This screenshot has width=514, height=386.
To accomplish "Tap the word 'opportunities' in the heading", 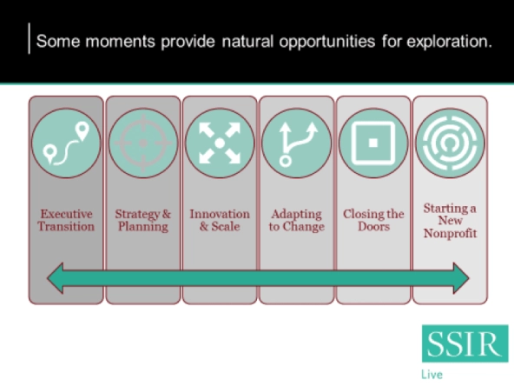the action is coord(327,42).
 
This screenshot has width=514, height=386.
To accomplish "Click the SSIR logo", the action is coord(465,343).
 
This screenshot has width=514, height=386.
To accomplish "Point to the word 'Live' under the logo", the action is coord(432,375).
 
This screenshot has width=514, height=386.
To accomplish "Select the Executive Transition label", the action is coord(66,220).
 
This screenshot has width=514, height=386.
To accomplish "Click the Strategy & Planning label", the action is coord(143,220).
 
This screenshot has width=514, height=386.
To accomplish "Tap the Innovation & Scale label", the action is coord(220,220).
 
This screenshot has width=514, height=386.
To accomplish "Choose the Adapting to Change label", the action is coord(297,220).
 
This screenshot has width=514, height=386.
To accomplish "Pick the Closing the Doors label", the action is coord(373,220).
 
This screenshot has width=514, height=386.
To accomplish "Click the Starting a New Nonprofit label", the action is coord(450,221).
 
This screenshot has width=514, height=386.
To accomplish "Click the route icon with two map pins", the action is coord(66,143).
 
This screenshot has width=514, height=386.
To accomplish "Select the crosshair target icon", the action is coord(143,143).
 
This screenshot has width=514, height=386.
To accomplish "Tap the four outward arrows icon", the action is coord(220,143).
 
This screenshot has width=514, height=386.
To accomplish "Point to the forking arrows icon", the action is coord(297,143).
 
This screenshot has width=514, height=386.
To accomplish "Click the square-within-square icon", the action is coord(373,143).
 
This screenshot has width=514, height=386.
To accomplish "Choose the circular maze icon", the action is coord(450,143).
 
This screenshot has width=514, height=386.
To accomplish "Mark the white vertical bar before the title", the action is coord(30,38).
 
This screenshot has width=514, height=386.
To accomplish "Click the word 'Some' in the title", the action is coord(58,42).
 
